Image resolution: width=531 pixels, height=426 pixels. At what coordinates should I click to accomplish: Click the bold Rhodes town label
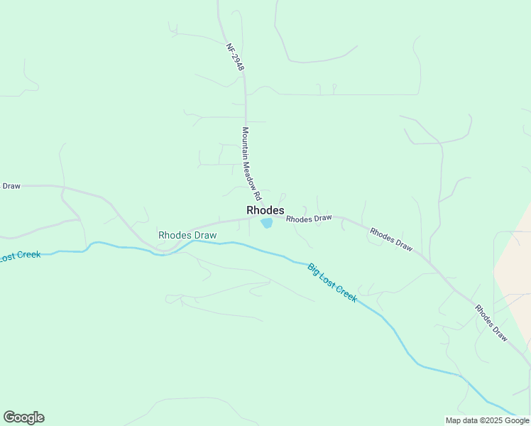pyautogui.click(x=265, y=211)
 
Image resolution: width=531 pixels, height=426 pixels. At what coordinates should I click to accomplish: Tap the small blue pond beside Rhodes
pyautogui.click(x=267, y=224)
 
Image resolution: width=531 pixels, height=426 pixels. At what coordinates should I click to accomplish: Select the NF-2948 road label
pyautogui.click(x=236, y=58)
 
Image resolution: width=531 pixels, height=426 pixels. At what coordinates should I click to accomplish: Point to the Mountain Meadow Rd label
pyautogui.click(x=251, y=163)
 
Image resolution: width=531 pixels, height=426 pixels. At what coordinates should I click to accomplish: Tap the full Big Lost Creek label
pyautogui.click(x=332, y=283)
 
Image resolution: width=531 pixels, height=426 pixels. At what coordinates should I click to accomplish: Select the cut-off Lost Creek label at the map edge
pyautogui.click(x=20, y=256)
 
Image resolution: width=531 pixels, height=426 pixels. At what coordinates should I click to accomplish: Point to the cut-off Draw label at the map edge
pyautogui.click(x=11, y=186)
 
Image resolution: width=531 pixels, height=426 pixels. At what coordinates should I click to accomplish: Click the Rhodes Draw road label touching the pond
pyautogui.click(x=309, y=219)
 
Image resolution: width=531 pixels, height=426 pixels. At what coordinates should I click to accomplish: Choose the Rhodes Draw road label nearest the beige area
pyautogui.click(x=491, y=323)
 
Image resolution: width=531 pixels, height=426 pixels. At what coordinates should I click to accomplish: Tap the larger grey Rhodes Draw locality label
pyautogui.click(x=187, y=235)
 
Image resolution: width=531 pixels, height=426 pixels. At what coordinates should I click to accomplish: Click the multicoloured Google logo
pyautogui.click(x=23, y=417)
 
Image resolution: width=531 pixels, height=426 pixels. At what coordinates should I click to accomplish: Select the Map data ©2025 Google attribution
pyautogui.click(x=487, y=420)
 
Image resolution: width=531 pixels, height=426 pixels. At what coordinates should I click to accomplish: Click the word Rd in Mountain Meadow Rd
pyautogui.click(x=258, y=194)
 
